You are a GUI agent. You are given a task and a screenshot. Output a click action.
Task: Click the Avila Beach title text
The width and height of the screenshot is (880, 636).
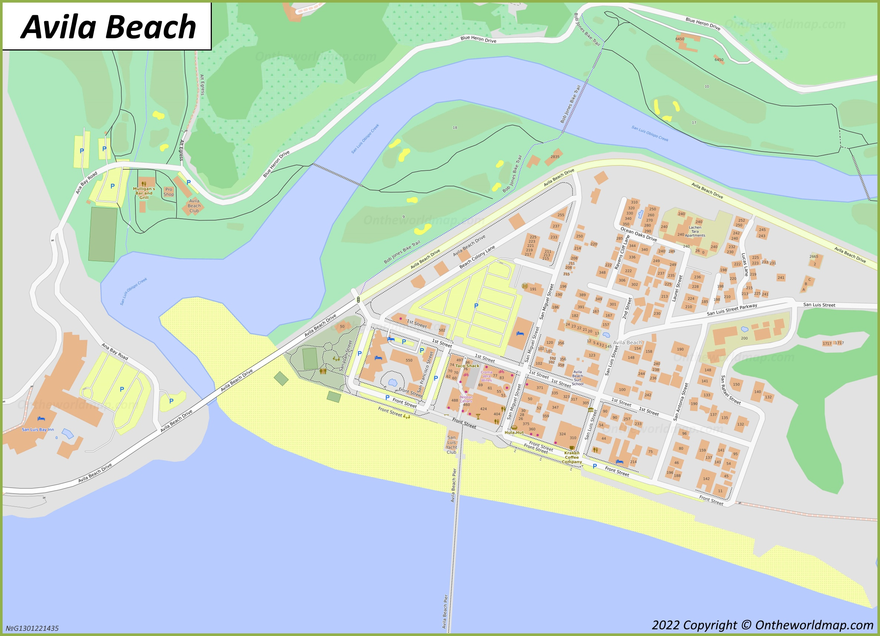click(108, 27)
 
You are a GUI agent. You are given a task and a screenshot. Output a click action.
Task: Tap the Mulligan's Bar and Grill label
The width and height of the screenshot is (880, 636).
click(144, 193)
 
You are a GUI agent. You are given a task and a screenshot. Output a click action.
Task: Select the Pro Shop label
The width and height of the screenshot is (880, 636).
click(168, 192)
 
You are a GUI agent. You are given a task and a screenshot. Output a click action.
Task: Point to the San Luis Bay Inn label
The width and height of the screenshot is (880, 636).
click(37, 430)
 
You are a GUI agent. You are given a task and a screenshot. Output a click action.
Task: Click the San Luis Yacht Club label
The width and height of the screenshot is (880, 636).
click(451, 444)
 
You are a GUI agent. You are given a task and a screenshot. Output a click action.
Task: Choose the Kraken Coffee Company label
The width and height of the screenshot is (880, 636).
click(572, 457)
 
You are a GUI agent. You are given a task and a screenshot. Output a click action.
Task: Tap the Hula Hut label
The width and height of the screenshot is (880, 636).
click(514, 433)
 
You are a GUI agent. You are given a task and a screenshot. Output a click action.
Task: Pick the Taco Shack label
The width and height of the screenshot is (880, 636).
click(467, 366)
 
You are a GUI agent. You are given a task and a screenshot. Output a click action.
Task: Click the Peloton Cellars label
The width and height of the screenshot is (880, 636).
click(466, 399)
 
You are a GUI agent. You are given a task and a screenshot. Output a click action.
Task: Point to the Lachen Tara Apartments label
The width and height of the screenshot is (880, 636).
click(695, 231)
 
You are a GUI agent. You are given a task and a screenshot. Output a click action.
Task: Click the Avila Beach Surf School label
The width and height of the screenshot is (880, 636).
click(577, 378)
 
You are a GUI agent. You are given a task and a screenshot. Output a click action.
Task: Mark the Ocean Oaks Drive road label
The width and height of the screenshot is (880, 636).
click(638, 234)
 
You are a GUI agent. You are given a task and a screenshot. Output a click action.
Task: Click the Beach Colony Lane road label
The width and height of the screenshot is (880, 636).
click(477, 257)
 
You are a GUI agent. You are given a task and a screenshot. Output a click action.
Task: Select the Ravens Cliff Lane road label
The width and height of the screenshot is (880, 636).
click(622, 252)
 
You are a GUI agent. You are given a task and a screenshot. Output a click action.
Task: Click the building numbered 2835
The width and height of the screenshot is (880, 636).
click(555, 157)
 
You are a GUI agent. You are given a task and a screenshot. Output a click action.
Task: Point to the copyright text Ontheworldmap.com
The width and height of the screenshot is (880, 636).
click(762, 625)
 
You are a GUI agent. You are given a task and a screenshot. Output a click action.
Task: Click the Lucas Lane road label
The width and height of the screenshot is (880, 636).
click(744, 264)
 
